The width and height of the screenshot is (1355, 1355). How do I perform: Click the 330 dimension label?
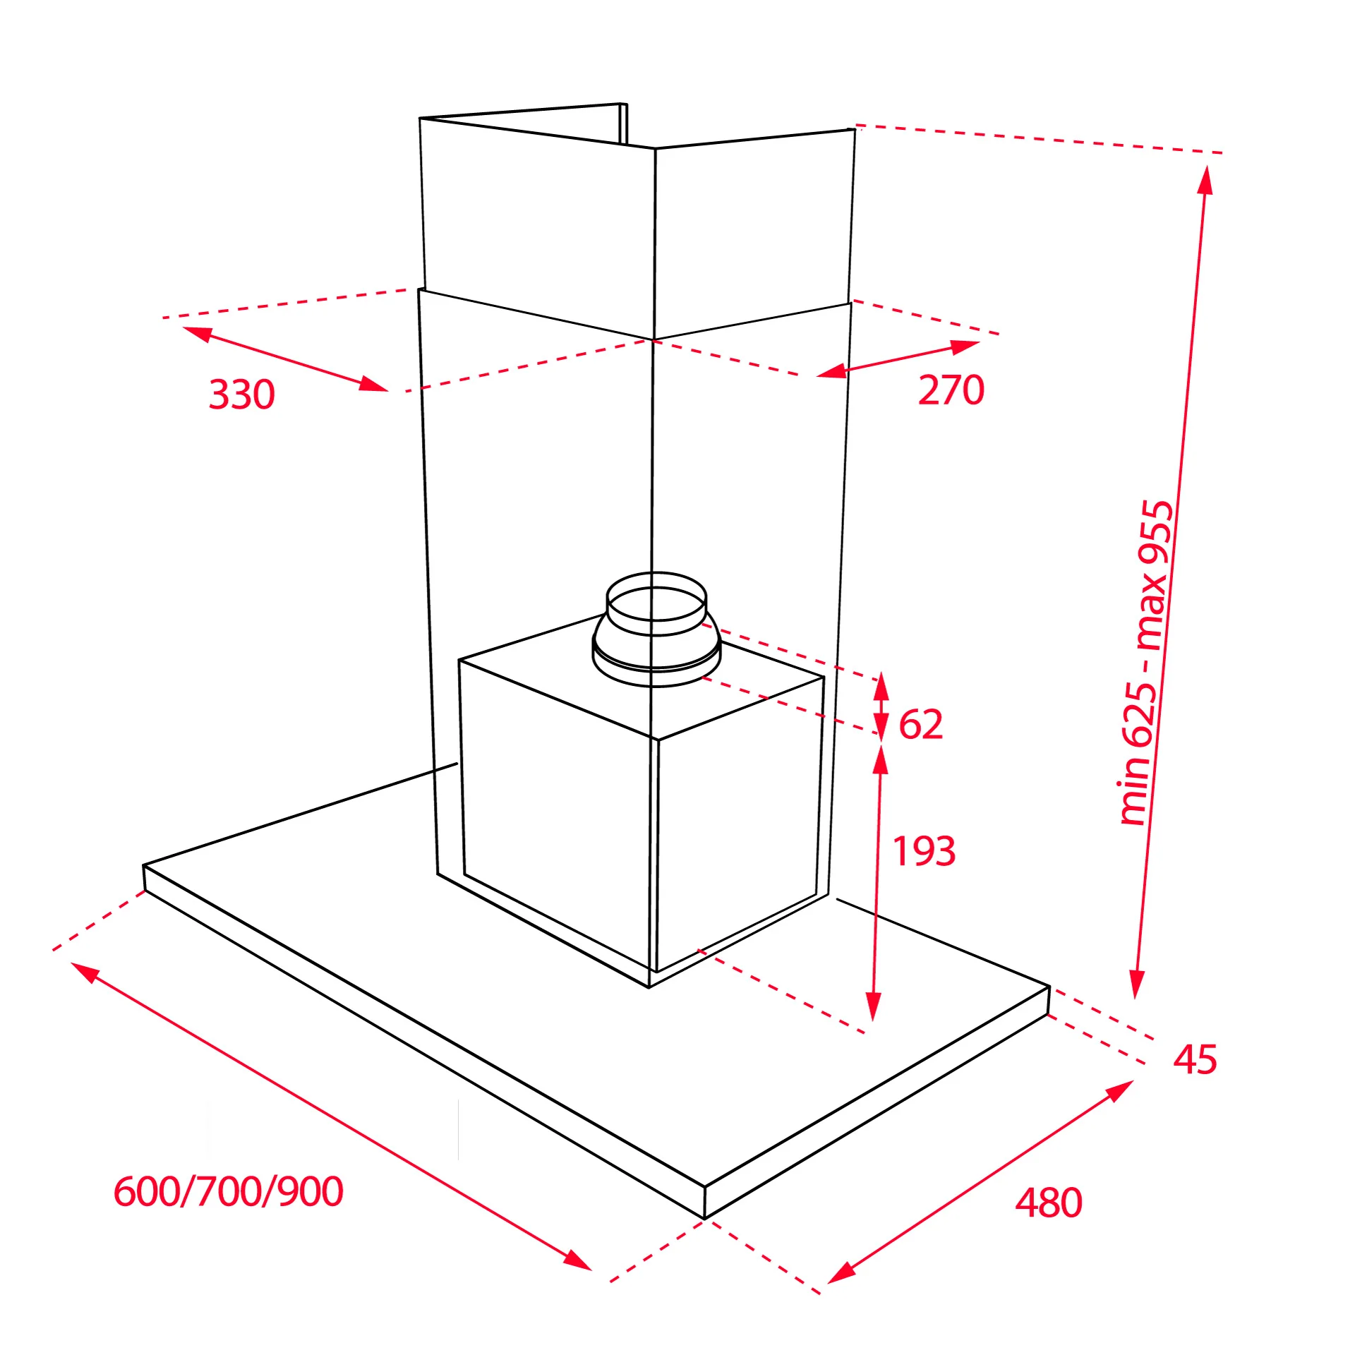[241, 394]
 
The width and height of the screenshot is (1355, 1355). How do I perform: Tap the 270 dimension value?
[951, 390]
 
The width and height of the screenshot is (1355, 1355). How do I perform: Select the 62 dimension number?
[920, 724]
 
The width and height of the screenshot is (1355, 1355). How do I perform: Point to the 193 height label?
[924, 851]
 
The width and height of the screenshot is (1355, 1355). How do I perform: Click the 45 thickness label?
[1195, 1059]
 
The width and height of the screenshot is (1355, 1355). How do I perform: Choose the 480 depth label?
[1049, 1203]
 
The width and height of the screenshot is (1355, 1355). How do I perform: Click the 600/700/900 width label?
[228, 1191]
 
